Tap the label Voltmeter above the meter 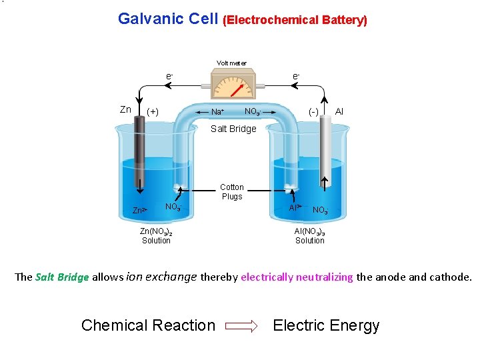(231, 63)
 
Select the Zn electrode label (125, 109)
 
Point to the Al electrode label (339, 110)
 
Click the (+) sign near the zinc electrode (153, 111)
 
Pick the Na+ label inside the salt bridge (217, 112)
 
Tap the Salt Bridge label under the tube (233, 129)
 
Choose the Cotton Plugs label (232, 192)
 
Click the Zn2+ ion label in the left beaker (139, 211)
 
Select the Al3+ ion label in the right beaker (295, 208)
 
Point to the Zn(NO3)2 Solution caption (156, 236)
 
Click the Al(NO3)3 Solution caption (310, 236)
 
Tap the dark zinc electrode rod (139, 153)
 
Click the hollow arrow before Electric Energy (241, 326)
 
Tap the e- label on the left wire (169, 77)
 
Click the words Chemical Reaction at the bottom (148, 325)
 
